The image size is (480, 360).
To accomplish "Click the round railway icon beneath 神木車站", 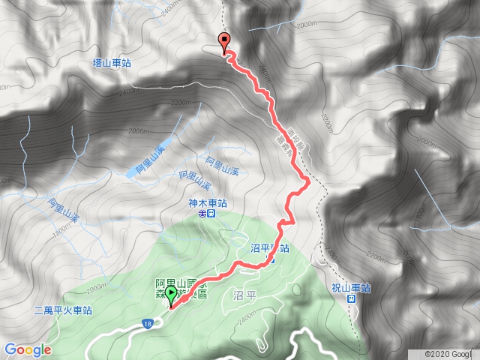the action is (x=202, y=214).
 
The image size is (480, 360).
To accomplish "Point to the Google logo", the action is (x=27, y=349).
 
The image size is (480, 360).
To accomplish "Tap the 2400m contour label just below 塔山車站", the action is (x=129, y=92).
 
